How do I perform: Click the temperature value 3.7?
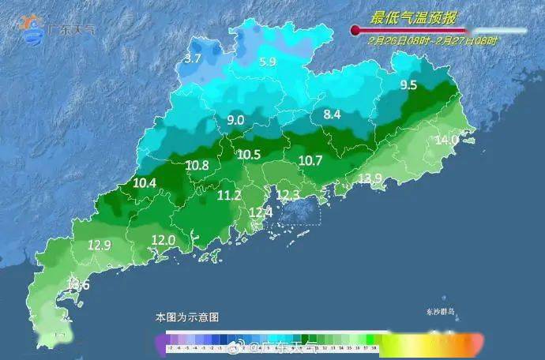[193, 58]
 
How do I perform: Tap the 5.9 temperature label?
[268, 62]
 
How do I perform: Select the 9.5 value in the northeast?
[408, 85]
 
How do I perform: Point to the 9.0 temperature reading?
[235, 121]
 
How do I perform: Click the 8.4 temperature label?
[333, 115]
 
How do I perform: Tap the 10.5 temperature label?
[249, 155]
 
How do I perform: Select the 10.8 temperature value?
[197, 166]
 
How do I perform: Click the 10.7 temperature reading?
[310, 161]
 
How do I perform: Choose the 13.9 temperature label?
[370, 178]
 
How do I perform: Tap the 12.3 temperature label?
[288, 194]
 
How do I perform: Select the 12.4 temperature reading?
[261, 212]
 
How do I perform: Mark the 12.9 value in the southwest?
[99, 246]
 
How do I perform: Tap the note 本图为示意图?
[187, 317]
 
